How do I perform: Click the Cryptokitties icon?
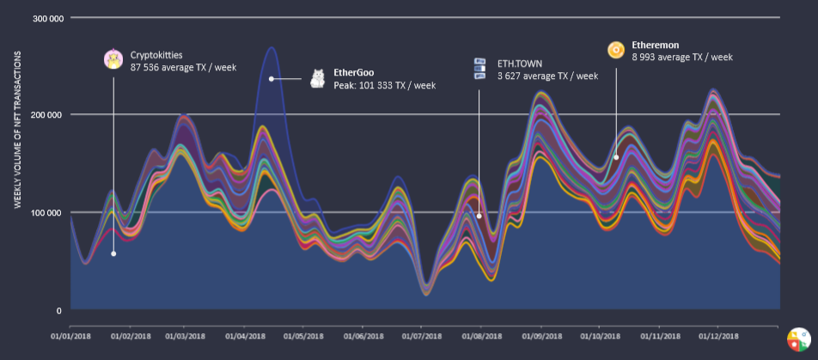(113, 59)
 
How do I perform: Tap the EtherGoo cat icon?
(318, 78)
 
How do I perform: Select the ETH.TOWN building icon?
(480, 70)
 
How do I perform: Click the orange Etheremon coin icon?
(615, 51)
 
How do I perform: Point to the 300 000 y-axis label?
(47, 17)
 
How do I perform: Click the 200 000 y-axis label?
(47, 115)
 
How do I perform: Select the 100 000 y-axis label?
(47, 212)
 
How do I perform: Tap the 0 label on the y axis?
(58, 310)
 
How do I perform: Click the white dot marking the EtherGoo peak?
(271, 79)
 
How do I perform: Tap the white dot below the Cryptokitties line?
(113, 253)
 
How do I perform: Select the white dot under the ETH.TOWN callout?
(479, 216)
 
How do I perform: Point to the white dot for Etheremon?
(616, 157)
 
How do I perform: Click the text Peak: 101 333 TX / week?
(385, 86)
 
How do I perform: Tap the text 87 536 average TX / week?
(184, 66)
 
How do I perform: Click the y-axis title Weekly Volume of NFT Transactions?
(17, 129)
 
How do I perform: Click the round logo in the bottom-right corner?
(798, 339)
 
